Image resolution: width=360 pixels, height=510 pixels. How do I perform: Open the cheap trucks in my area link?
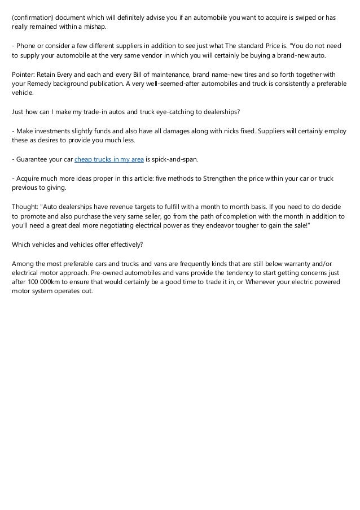[109, 160]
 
